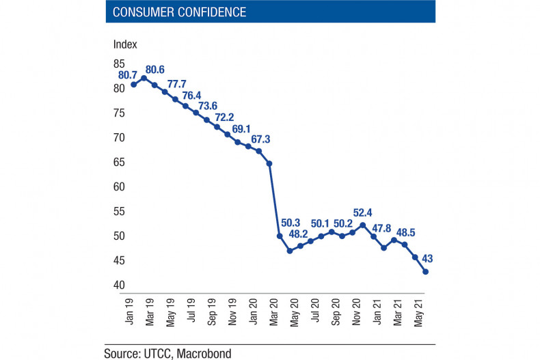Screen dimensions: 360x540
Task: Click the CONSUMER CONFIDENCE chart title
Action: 179,12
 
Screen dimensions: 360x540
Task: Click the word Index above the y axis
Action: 125,44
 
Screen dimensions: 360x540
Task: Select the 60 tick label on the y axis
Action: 119,186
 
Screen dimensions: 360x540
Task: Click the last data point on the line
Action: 425,272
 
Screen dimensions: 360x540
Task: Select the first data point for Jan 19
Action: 134,85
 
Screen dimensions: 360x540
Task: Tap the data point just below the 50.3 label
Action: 280,236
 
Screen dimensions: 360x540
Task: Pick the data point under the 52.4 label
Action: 363,225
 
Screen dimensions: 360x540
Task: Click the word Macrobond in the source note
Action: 204,353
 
